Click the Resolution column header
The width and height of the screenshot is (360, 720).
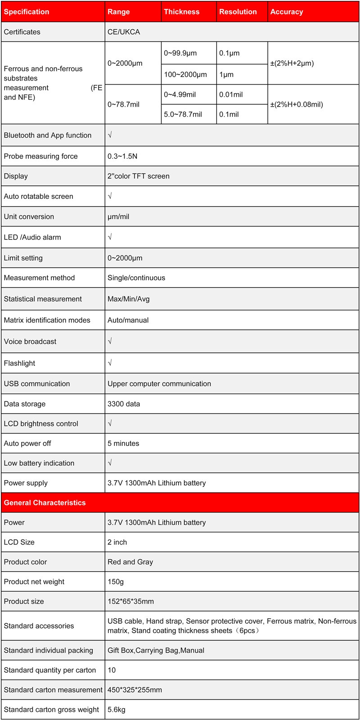238,12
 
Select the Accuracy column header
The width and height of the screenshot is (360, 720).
286,12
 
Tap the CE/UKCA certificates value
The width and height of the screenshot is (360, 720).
124,32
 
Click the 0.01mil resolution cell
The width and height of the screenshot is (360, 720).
231,94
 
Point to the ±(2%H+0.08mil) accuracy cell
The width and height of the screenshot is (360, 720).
297,104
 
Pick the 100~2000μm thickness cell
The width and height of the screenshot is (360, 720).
185,74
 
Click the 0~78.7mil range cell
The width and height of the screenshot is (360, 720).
123,104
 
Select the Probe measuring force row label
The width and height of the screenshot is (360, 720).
40,156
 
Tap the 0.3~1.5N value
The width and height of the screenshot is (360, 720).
122,156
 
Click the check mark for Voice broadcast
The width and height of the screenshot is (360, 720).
110,341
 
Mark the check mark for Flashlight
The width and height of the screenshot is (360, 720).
110,363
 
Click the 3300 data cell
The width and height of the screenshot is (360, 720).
124,404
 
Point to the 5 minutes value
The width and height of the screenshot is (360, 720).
123,443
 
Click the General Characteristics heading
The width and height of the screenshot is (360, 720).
45,503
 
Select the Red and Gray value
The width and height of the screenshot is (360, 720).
130,562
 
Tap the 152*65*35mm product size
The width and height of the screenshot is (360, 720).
130,601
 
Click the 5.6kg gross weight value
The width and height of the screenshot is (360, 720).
116,709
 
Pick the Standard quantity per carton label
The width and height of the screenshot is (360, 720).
49,670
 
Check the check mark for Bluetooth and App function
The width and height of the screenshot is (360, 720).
110,135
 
